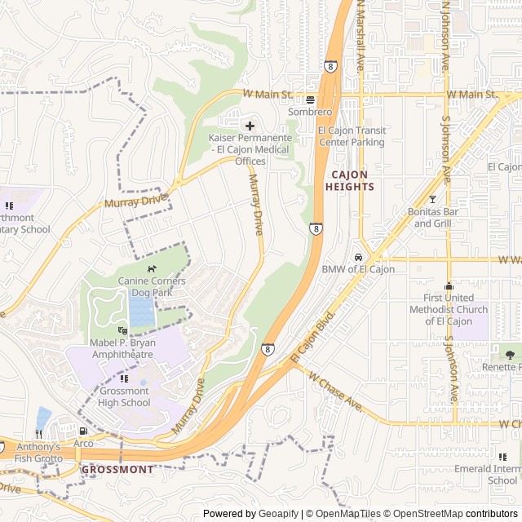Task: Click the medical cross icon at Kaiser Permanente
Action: point(250,126)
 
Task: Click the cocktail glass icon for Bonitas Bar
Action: point(432,199)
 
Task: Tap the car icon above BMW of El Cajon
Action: point(358,256)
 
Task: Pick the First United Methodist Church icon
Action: point(448,286)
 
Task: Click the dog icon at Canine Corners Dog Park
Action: point(151,268)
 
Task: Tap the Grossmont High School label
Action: point(124,396)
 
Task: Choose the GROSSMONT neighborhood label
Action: point(117,470)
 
